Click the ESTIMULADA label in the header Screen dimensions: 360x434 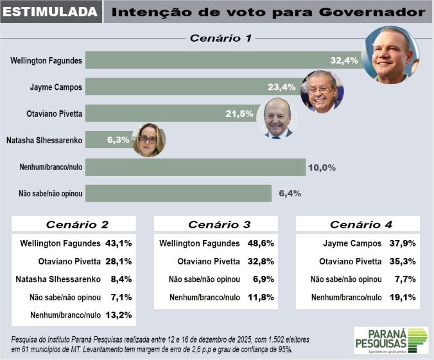51,12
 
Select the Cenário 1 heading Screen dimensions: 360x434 220,38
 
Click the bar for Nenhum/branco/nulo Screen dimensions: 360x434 195,167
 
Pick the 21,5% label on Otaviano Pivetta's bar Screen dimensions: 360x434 239,114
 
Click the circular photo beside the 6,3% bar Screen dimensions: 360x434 149,139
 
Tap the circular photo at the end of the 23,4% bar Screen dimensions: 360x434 322,91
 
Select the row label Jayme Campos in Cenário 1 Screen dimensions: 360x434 56,87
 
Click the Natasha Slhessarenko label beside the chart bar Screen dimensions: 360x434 43,140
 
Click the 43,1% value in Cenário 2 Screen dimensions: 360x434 118,244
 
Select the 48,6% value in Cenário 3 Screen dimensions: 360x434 261,244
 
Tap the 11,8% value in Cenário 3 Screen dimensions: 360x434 261,297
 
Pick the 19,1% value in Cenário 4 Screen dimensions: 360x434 403,297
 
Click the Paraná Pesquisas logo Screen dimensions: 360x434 391,340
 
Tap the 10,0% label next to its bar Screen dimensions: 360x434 323,167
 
